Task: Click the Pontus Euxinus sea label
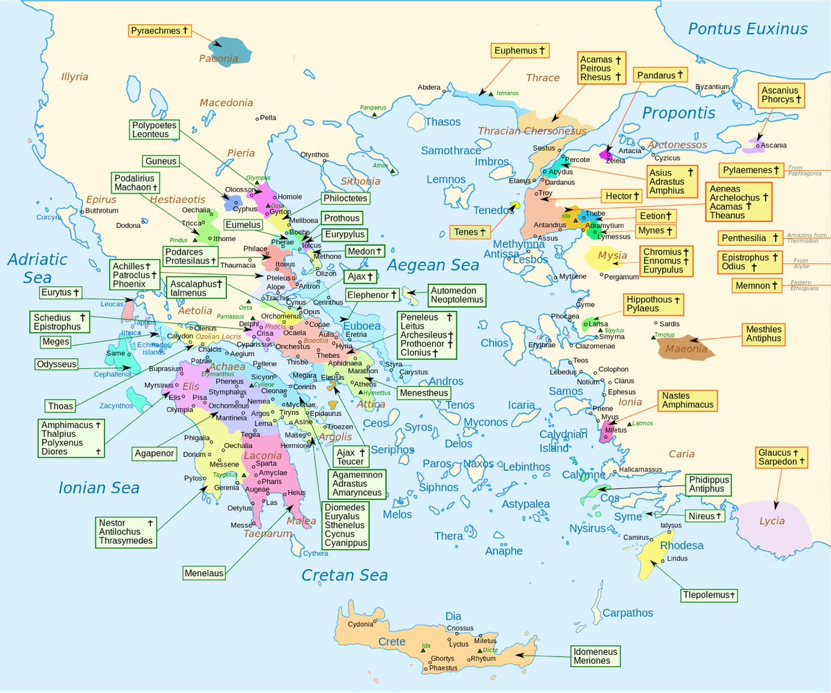(x=747, y=28)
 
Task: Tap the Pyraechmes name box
(x=159, y=31)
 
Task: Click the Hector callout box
(x=618, y=196)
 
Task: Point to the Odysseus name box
(x=57, y=364)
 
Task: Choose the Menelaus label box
(x=205, y=573)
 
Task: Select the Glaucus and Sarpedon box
(x=781, y=457)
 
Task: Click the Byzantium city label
(x=712, y=87)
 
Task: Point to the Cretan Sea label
(x=344, y=575)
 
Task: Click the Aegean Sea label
(x=433, y=264)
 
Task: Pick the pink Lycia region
(x=774, y=521)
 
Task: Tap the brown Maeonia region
(x=686, y=348)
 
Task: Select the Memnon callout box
(x=758, y=285)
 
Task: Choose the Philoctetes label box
(x=346, y=199)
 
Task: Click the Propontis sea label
(x=678, y=113)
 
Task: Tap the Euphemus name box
(x=520, y=51)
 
